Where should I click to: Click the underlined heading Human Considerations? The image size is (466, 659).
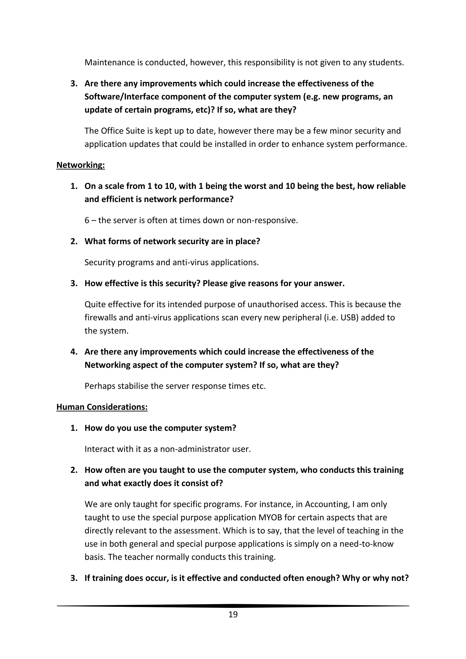[x=102, y=407]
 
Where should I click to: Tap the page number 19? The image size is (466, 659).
[x=233, y=614]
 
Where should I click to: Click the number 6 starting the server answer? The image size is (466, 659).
[x=87, y=221]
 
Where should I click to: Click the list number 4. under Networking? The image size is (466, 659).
[x=74, y=352]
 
